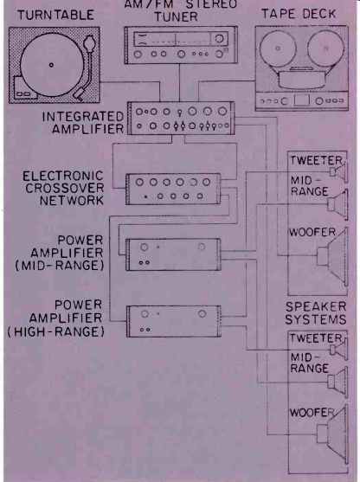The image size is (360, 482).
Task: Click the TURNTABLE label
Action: [x=55, y=15]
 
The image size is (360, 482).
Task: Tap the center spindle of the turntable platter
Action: [x=51, y=65]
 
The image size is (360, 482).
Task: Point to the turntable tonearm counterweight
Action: [x=89, y=42]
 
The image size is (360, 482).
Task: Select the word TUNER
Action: [x=176, y=16]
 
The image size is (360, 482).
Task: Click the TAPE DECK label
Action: [x=299, y=14]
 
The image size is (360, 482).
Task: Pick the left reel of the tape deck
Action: [x=278, y=48]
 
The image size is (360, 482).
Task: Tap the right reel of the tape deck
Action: [x=326, y=48]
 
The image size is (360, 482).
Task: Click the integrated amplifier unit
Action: [x=181, y=119]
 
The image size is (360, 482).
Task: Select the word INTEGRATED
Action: [x=83, y=117]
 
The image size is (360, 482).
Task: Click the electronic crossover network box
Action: [x=173, y=189]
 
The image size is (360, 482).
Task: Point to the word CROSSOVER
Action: [x=65, y=188]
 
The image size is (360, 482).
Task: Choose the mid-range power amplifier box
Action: [x=173, y=254]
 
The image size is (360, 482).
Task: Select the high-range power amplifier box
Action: [x=174, y=322]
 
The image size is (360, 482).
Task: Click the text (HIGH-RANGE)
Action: [x=56, y=331]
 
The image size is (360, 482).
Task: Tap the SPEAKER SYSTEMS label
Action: [x=316, y=313]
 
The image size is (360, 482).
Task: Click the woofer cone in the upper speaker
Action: [x=333, y=256]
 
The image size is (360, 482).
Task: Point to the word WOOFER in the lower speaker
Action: [x=312, y=413]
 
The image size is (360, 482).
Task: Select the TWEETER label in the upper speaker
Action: [x=316, y=160]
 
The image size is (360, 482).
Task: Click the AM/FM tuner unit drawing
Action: [x=181, y=45]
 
